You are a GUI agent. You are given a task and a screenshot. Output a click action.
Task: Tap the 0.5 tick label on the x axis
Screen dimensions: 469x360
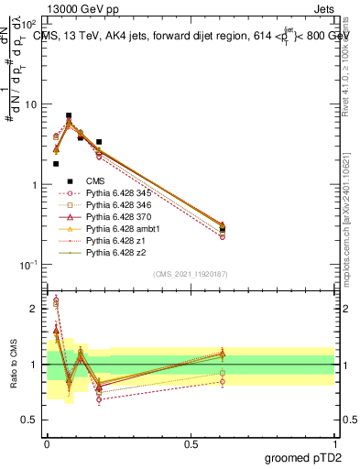[191, 443]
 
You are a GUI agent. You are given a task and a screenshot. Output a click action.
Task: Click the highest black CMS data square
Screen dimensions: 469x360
[69, 116]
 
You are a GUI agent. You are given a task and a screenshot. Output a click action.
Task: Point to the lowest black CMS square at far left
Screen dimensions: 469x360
[56, 164]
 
